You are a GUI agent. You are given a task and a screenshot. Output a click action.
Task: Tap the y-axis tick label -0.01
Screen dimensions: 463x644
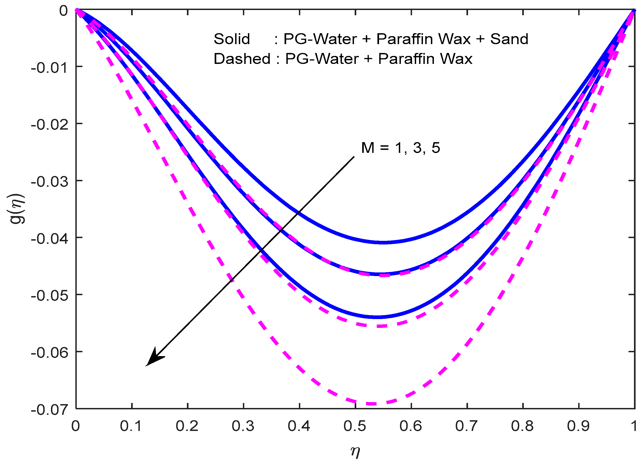click(x=50, y=68)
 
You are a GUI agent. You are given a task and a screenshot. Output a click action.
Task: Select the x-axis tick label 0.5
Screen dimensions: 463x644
click(x=355, y=426)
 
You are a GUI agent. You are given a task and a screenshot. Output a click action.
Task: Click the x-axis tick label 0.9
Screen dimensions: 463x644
click(x=578, y=426)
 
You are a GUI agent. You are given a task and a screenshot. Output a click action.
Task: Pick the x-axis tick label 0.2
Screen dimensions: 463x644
click(x=187, y=426)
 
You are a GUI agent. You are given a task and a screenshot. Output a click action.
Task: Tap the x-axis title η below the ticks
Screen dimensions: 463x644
click(x=355, y=451)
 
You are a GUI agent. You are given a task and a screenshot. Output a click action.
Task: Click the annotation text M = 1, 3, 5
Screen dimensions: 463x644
click(x=400, y=148)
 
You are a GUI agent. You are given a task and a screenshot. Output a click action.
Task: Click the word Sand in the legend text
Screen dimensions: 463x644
click(x=509, y=39)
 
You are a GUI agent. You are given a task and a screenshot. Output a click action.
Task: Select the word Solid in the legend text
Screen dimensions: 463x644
click(x=232, y=39)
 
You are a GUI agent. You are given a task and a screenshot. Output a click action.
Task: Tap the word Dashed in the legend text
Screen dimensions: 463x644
click(x=242, y=59)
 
